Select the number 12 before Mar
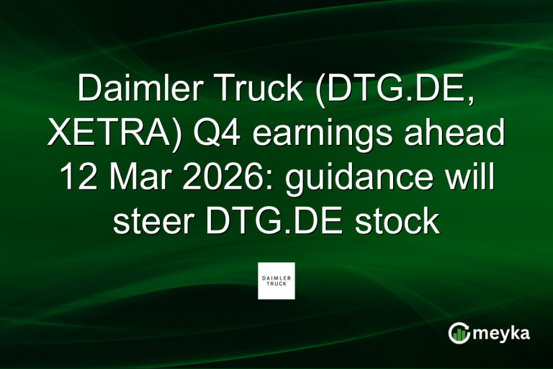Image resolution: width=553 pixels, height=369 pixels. point(76,177)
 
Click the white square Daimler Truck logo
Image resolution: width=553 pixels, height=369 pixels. point(276,280)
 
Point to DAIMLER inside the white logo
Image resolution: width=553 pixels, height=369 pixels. point(276,277)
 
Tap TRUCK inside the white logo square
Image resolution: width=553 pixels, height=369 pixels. point(276,283)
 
